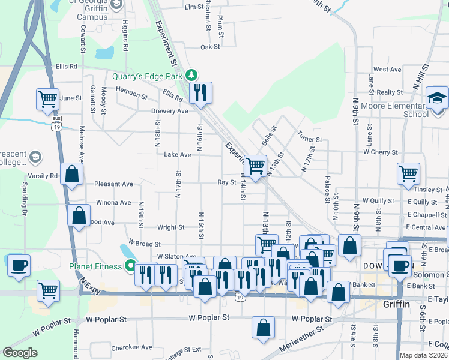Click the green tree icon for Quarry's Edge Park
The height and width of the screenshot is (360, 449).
tap(191, 75)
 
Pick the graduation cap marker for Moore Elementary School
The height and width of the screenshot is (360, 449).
tap(437, 97)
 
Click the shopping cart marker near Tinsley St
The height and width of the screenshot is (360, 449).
tap(408, 173)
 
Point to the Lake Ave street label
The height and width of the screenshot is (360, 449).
tap(178, 155)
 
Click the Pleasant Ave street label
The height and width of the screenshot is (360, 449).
tap(114, 184)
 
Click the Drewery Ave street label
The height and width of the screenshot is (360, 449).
tap(170, 111)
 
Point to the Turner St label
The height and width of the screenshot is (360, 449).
tap(310, 139)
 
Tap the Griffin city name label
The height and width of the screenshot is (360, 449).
tap(396, 304)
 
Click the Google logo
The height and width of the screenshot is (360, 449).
tap(20, 353)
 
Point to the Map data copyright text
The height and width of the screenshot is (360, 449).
tap(423, 355)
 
